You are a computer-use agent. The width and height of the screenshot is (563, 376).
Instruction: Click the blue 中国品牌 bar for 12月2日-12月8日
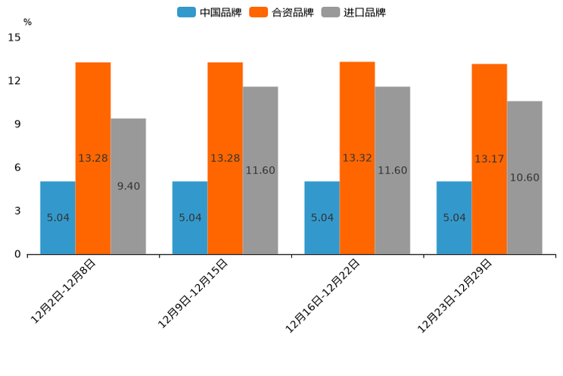point(58,218)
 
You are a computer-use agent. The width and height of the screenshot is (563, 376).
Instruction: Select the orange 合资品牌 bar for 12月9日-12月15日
point(225,158)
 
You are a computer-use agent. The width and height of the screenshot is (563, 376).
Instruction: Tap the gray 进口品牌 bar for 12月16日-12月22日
point(392,170)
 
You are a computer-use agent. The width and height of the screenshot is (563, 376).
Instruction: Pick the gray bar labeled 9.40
point(128,186)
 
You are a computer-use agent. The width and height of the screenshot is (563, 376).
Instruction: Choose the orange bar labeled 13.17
point(489,158)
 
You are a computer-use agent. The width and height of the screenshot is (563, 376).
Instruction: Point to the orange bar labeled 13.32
point(357,158)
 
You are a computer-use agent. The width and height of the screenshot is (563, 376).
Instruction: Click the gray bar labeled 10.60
point(524,177)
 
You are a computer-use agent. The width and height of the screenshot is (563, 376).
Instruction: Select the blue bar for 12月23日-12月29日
point(454,218)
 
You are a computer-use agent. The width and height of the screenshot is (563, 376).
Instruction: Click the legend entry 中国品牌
point(210,12)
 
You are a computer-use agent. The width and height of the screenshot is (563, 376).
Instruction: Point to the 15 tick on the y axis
point(14,37)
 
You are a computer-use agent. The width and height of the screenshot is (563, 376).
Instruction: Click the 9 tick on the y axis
point(17,124)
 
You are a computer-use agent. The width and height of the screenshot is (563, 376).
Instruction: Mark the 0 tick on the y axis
point(17,255)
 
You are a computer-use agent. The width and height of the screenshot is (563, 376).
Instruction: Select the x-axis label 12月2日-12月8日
point(64,292)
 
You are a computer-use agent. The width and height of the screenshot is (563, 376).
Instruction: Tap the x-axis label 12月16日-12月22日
point(322,296)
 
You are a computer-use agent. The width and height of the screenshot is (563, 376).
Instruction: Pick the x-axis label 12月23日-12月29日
point(455,296)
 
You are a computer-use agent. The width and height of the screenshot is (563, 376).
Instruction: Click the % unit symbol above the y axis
point(27,22)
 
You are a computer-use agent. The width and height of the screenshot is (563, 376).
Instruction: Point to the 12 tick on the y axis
point(14,80)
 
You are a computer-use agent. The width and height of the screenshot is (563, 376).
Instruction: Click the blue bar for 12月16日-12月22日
point(322,218)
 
